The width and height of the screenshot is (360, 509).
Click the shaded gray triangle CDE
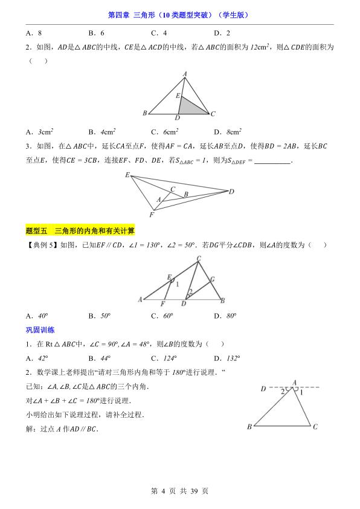192,107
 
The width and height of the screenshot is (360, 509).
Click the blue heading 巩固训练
40,329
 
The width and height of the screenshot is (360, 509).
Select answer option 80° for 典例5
227,316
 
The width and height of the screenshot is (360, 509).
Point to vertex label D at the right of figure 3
231,192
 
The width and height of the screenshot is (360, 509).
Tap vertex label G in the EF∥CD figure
212,280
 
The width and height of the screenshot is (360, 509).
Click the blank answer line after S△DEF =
273,161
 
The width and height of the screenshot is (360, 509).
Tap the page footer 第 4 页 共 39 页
180,491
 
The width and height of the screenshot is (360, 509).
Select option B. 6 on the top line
97,33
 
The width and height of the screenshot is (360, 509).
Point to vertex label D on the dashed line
263,389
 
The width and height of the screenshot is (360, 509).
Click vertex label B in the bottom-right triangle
249,427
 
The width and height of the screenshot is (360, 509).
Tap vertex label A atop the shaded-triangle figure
185,73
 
